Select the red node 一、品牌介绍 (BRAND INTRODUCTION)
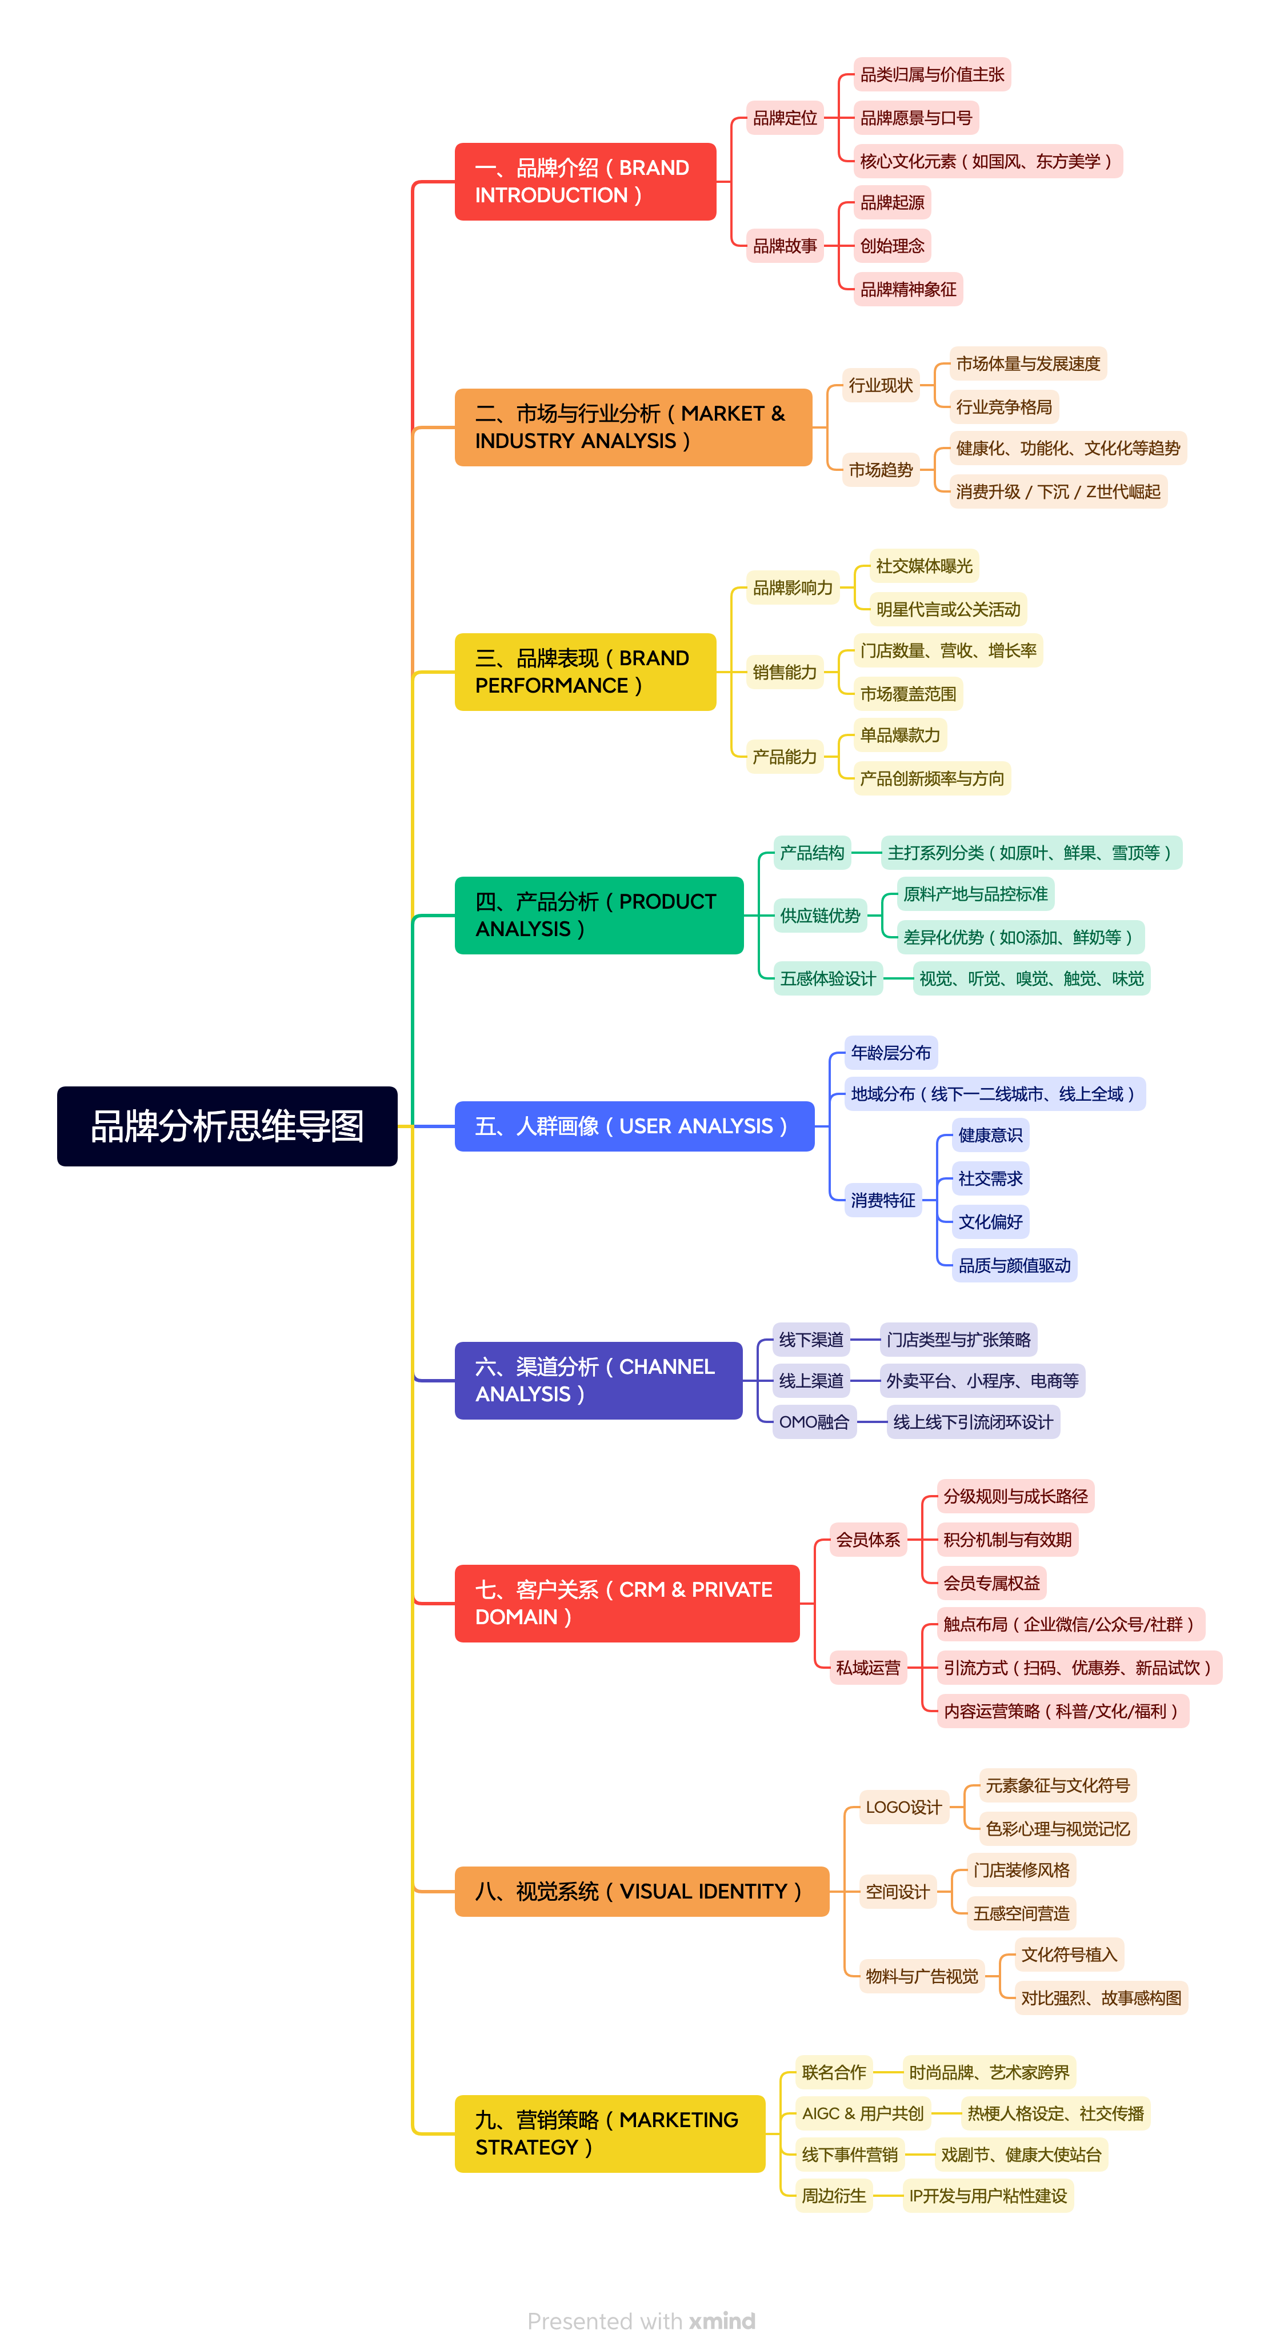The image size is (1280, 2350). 585,182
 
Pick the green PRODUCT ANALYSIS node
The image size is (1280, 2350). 598,915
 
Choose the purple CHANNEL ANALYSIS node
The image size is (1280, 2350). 598,1380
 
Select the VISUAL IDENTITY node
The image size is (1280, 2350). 641,1891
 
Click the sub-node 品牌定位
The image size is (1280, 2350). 785,118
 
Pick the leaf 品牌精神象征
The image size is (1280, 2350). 908,289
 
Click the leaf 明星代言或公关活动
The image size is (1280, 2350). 948,609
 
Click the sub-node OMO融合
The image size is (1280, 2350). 814,1421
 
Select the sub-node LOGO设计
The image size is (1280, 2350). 903,1807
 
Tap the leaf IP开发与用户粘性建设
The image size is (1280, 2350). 988,2196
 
